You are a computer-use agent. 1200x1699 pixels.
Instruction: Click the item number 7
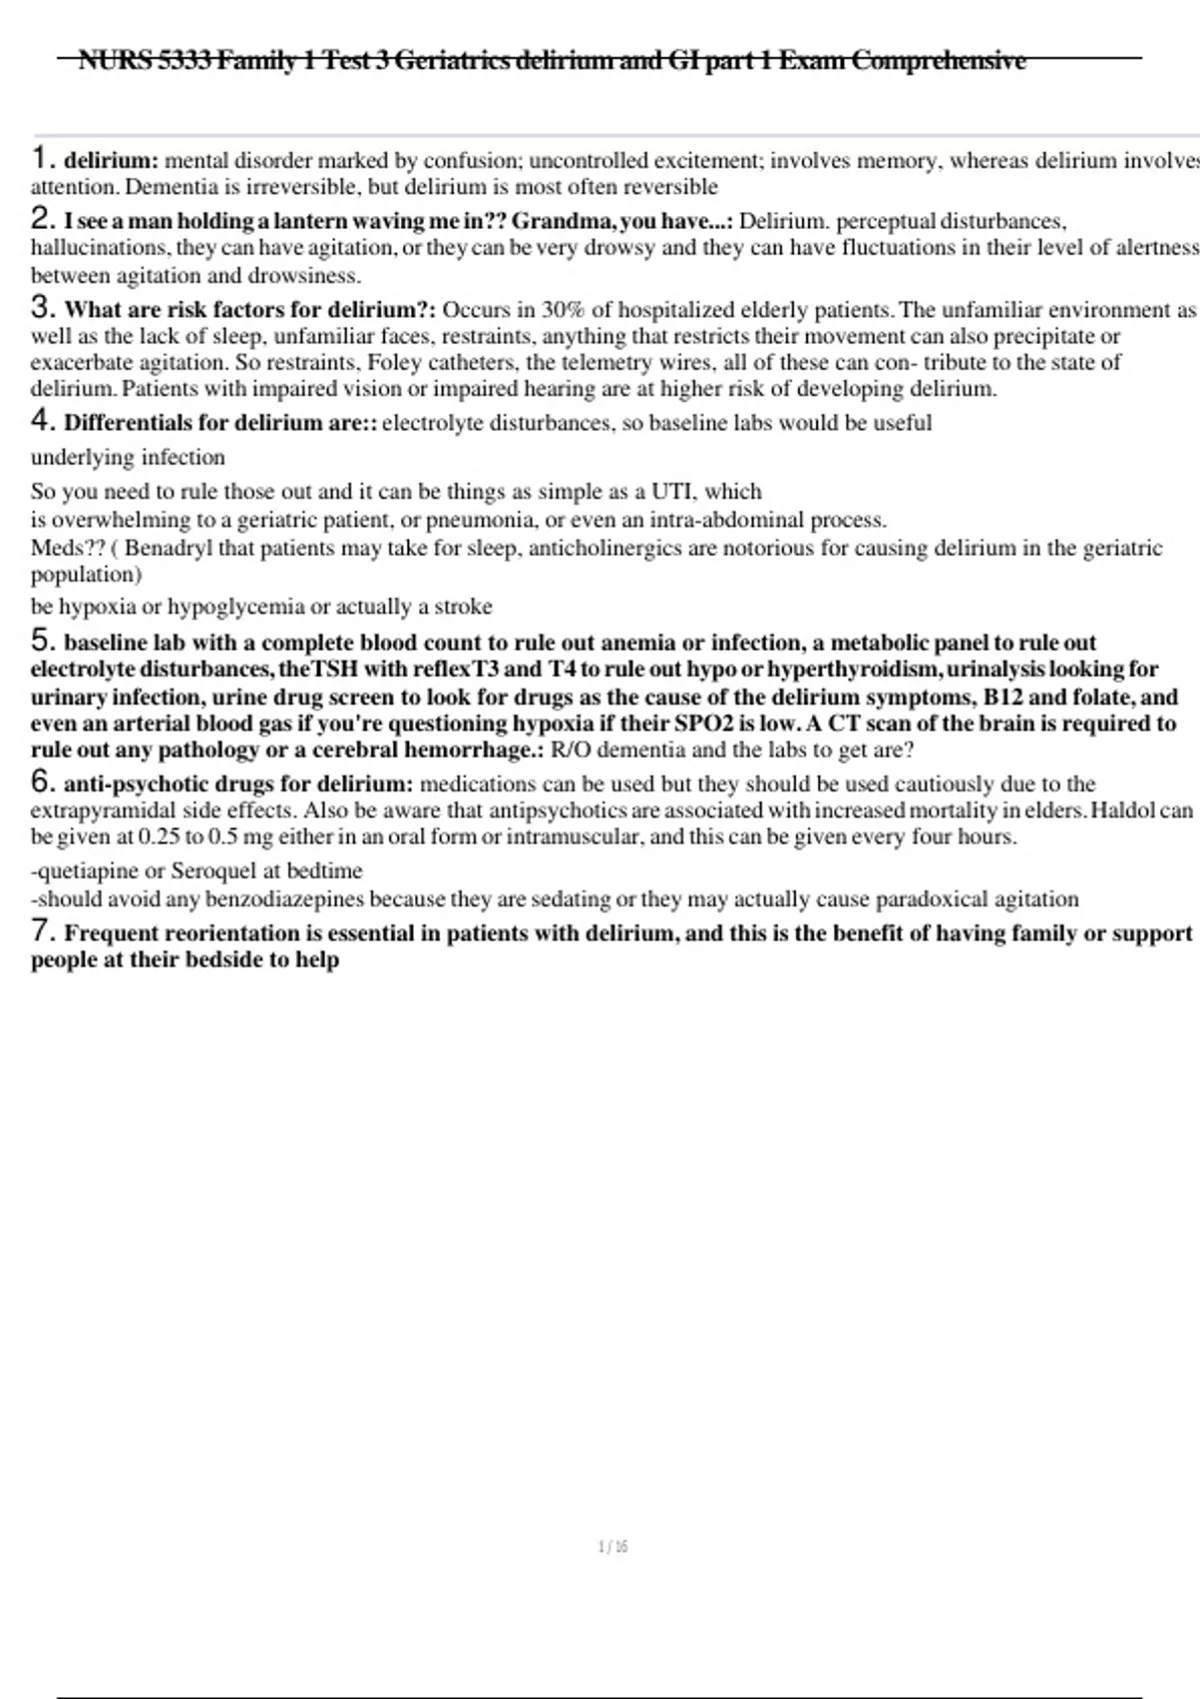point(41,931)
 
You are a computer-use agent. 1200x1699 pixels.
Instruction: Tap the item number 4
point(41,421)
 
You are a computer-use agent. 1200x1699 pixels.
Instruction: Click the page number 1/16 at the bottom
point(612,1547)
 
